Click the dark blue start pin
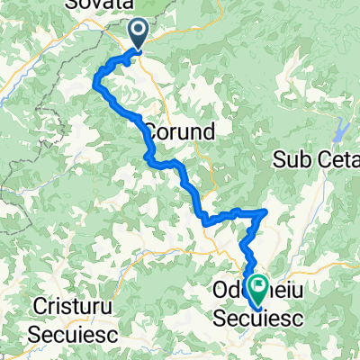click(140, 34)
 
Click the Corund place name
click(178, 131)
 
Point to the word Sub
click(292, 159)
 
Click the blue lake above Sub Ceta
click(340, 133)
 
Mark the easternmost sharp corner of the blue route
click(266, 212)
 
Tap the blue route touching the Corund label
click(144, 131)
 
